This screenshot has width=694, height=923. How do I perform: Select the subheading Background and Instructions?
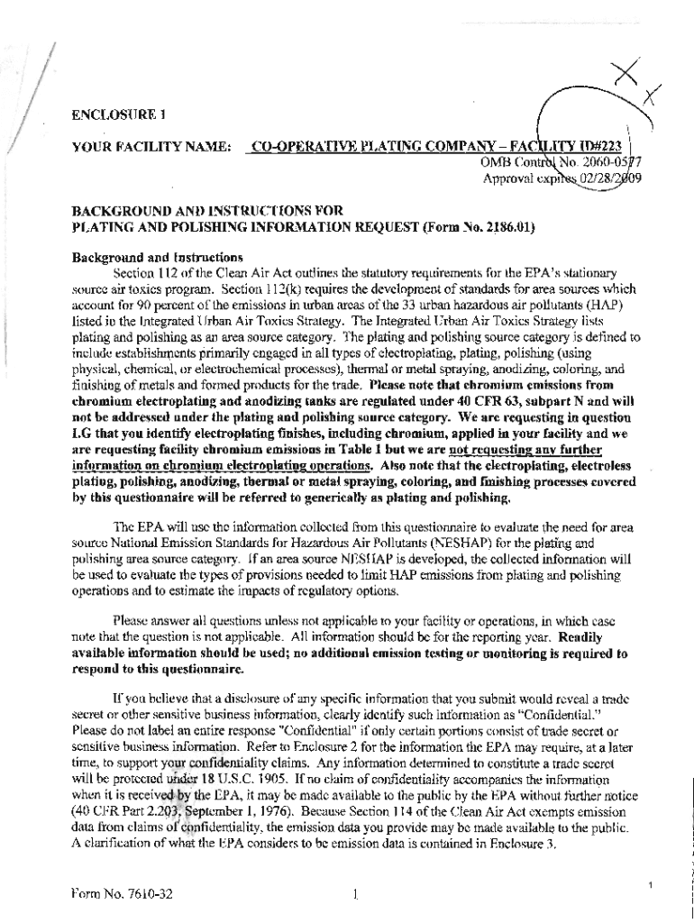(x=144, y=257)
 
